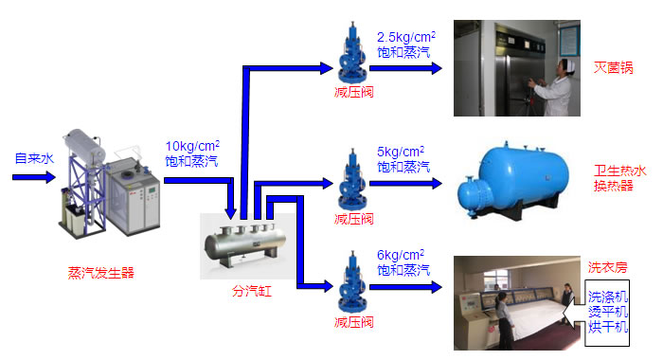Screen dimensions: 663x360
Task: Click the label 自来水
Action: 34,158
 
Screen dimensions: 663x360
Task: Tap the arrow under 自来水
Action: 34,177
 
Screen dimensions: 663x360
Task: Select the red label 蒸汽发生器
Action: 101,273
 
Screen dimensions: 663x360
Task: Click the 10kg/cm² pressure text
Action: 192,146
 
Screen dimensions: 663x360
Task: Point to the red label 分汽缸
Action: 252,291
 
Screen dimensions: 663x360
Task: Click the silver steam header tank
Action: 245,244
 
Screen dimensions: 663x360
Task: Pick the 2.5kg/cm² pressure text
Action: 406,37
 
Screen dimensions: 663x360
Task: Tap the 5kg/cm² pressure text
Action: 401,152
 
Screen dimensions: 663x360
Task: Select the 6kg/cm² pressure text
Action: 401,255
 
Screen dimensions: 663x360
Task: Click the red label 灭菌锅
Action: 613,67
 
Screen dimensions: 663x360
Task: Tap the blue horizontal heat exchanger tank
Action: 513,180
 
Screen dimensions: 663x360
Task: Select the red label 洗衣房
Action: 607,267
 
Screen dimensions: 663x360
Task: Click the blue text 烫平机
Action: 608,312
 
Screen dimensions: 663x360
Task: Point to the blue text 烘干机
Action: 608,327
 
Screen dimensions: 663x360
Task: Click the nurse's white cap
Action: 566,63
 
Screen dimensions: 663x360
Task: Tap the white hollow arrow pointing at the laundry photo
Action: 574,313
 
